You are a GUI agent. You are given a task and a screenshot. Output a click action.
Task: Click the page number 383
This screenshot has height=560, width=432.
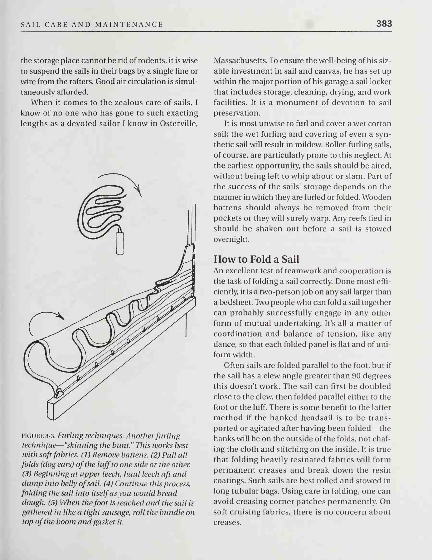pos(384,24)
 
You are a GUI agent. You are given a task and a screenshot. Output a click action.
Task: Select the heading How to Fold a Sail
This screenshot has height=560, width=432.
pos(256,259)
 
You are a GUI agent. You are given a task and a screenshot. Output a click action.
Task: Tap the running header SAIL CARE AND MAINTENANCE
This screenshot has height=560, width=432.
pos(92,24)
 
